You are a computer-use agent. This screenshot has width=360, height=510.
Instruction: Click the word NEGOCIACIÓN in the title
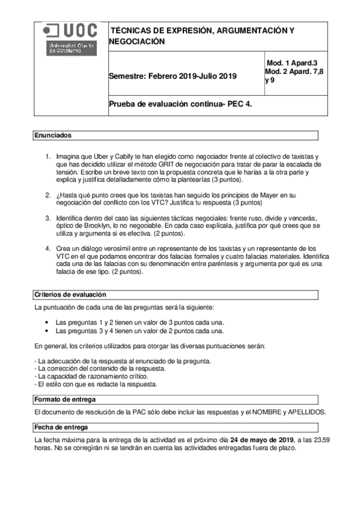(136, 41)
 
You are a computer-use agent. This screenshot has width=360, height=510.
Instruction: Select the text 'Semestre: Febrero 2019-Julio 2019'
(172, 76)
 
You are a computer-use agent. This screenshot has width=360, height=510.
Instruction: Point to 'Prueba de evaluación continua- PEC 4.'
(180, 103)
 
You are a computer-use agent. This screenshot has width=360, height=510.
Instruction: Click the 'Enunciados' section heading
(52, 136)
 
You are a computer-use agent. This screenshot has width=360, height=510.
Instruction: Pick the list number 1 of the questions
(49, 156)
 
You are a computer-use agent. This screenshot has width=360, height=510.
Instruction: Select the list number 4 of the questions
(49, 248)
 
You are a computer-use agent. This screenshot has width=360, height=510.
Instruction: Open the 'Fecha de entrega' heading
(60, 427)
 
